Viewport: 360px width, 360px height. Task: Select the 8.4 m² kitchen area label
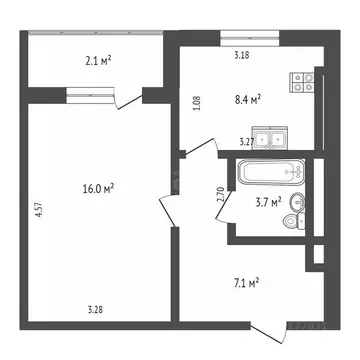(x=247, y=98)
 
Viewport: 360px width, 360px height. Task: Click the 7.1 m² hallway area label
(x=245, y=283)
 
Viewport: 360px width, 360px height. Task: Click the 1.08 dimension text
(x=196, y=101)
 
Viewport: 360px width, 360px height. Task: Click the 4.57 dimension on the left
(x=38, y=210)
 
